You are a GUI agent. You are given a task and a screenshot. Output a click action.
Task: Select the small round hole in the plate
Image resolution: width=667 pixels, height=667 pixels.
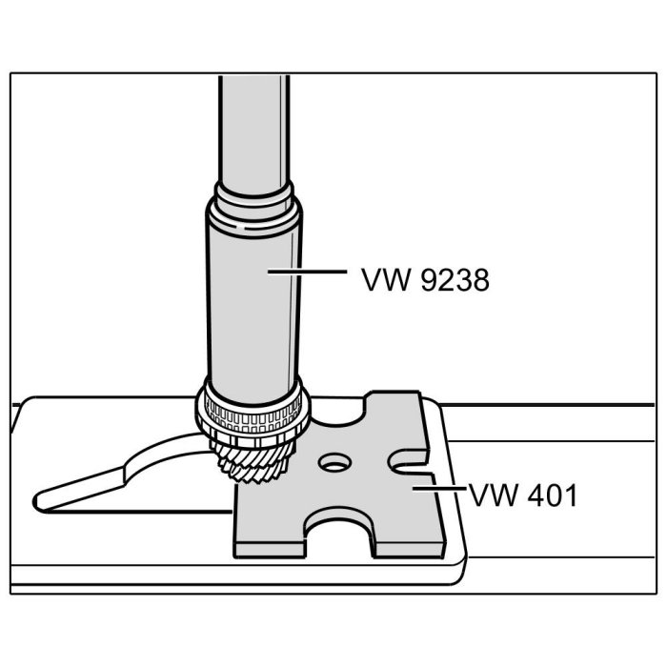pyautogui.click(x=334, y=465)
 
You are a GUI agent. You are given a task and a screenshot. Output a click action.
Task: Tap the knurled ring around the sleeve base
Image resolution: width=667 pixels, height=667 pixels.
pyautogui.click(x=253, y=416)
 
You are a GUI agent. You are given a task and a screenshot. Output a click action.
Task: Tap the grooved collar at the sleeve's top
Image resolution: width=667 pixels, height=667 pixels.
pyautogui.click(x=253, y=204)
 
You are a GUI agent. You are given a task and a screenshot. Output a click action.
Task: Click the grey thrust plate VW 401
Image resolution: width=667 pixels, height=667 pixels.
pyautogui.click(x=381, y=505)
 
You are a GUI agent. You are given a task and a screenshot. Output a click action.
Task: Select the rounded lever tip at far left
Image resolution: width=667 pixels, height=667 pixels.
pyautogui.click(x=48, y=498)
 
